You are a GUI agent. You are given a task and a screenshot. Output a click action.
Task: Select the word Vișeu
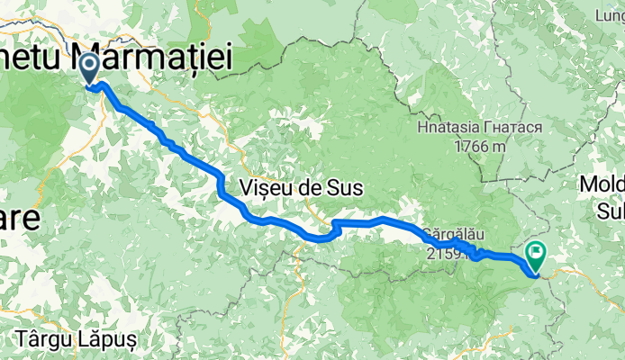271,188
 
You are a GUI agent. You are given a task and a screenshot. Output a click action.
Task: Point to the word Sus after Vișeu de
345,188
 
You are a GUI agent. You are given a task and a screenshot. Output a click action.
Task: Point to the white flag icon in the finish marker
538,252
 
